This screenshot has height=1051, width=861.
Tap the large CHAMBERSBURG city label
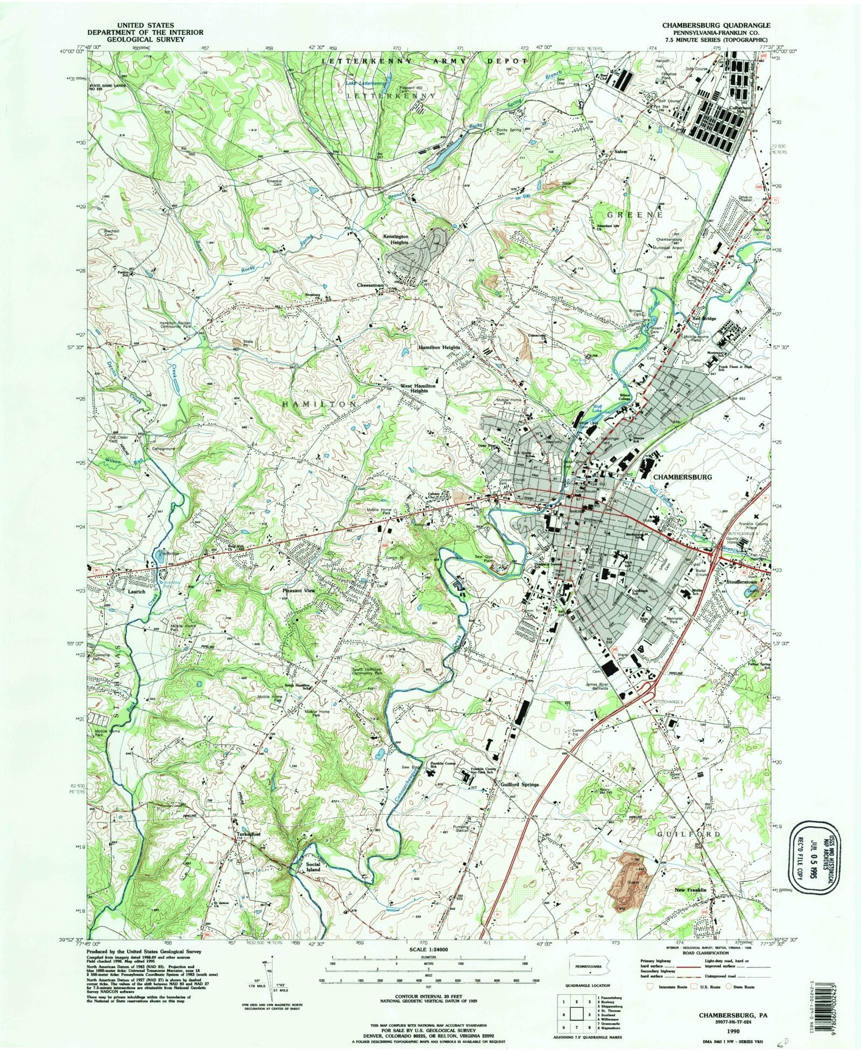click(682, 477)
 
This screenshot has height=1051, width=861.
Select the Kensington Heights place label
click(396, 239)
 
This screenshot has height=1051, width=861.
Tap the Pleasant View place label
click(299, 590)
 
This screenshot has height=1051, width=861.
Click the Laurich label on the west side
click(122, 591)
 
